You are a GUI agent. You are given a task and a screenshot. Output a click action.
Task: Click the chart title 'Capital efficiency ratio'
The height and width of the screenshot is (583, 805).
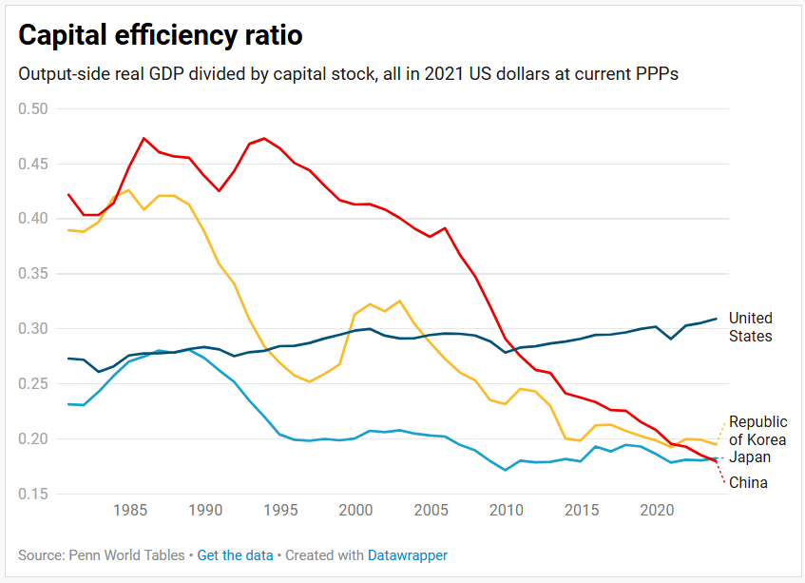click(161, 35)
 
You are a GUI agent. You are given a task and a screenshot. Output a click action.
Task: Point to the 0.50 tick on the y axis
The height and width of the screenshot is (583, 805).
click(33, 108)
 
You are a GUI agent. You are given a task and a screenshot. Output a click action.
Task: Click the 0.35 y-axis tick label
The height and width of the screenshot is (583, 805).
click(33, 274)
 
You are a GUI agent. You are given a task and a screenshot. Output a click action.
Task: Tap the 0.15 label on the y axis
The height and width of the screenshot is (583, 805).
click(33, 494)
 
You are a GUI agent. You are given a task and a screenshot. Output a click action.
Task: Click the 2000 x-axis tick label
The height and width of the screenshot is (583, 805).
click(355, 511)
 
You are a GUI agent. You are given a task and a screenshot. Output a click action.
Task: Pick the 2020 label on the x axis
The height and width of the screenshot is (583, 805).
click(657, 511)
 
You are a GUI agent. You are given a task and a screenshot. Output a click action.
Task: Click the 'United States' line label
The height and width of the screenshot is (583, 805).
click(750, 326)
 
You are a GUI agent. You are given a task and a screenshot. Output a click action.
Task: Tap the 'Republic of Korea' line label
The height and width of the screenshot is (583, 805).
click(757, 430)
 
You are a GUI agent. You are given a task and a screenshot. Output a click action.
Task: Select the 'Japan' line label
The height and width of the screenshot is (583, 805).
click(750, 457)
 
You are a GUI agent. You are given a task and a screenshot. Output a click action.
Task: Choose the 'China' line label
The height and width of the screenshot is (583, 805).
click(748, 482)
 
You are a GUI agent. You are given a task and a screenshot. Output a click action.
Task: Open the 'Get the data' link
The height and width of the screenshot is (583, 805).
click(235, 554)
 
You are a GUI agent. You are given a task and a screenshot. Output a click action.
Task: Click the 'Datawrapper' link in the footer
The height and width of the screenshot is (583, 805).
click(408, 554)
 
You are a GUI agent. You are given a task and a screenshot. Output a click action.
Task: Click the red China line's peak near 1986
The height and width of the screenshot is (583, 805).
click(144, 138)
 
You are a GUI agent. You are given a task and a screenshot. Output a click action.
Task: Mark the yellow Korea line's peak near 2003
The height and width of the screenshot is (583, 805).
click(399, 301)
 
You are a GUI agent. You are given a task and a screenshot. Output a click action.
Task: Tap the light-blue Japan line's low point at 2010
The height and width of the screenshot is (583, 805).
click(506, 470)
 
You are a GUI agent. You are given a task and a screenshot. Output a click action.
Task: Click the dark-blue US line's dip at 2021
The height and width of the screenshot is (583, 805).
click(671, 339)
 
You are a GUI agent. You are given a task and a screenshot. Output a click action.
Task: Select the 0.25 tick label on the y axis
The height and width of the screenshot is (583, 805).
click(33, 383)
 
